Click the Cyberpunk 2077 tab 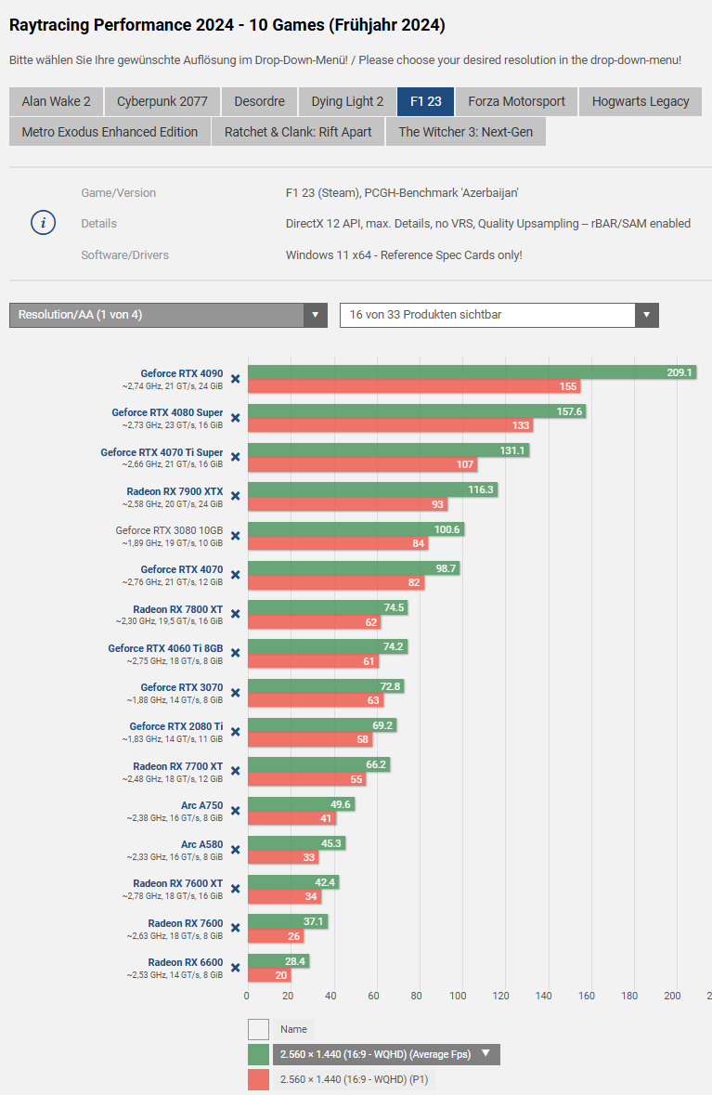click(x=162, y=101)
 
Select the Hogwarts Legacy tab click(x=641, y=101)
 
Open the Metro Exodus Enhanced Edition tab click(x=110, y=132)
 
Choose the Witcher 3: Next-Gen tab click(x=466, y=132)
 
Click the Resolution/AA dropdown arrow click(x=316, y=315)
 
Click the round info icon click(x=44, y=223)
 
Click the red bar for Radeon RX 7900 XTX click(x=347, y=504)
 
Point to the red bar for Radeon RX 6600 click(x=269, y=975)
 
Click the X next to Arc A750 click(x=236, y=810)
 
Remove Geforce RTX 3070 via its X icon click(x=236, y=692)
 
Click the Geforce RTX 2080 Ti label click(x=176, y=726)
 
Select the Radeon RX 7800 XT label click(x=177, y=608)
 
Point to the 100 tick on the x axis click(x=459, y=997)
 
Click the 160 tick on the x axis click(x=587, y=997)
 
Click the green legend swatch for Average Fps click(x=258, y=1054)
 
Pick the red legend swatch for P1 click(x=258, y=1079)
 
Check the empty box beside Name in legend click(x=258, y=1029)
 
